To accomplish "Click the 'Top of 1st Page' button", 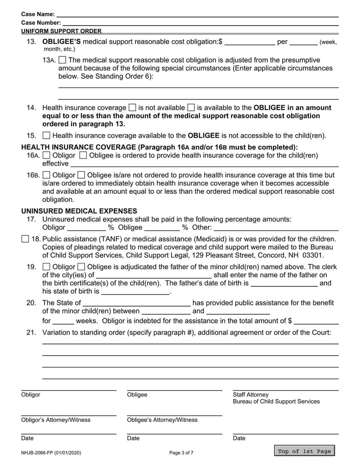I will point(304,451).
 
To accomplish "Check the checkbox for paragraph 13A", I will point(63,60).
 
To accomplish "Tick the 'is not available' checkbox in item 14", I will point(132,108).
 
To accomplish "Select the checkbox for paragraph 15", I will point(46,136).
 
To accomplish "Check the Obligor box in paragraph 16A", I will point(46,155).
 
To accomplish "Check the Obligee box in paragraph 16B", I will point(81,175).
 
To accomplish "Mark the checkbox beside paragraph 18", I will point(25,239).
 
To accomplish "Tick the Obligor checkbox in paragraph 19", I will point(46,267).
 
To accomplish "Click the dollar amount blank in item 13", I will point(249,42).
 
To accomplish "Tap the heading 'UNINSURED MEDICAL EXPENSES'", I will point(79,211).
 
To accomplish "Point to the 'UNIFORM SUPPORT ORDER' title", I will point(61,31).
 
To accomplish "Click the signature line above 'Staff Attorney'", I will point(285,389).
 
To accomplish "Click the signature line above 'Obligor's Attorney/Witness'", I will point(68,415).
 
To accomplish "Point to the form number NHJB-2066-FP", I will point(51,452).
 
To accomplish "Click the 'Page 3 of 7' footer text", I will point(181,452).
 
